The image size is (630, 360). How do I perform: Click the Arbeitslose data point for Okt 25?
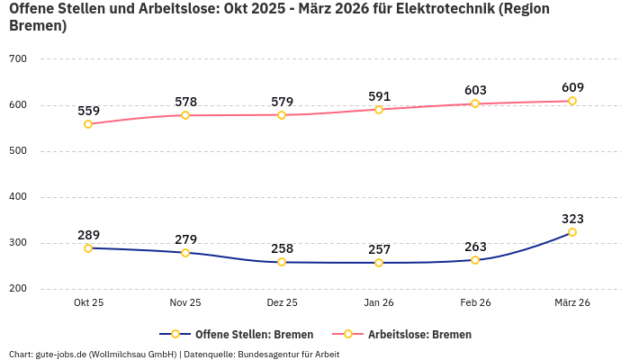(x=88, y=124)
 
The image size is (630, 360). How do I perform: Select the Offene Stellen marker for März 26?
(x=572, y=232)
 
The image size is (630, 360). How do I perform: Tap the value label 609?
(x=572, y=87)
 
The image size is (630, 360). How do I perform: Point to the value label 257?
(x=379, y=249)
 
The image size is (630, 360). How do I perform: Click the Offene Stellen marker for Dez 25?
(x=282, y=262)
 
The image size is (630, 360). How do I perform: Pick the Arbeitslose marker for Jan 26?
(x=379, y=110)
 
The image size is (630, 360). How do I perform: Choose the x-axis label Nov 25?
(x=185, y=303)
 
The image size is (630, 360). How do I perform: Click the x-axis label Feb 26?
(x=475, y=303)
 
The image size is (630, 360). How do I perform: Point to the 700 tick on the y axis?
(x=18, y=59)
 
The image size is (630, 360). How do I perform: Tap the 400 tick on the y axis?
(x=18, y=197)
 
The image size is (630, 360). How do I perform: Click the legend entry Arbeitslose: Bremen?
(x=410, y=334)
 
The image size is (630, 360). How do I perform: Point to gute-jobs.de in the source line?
(x=60, y=354)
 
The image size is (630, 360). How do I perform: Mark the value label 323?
(x=572, y=219)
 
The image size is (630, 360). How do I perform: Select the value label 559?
(x=88, y=111)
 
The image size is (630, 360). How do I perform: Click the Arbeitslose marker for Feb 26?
(x=475, y=103)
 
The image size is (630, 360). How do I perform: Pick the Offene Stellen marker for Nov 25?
(x=185, y=253)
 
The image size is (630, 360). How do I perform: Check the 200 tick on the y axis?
(x=18, y=289)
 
